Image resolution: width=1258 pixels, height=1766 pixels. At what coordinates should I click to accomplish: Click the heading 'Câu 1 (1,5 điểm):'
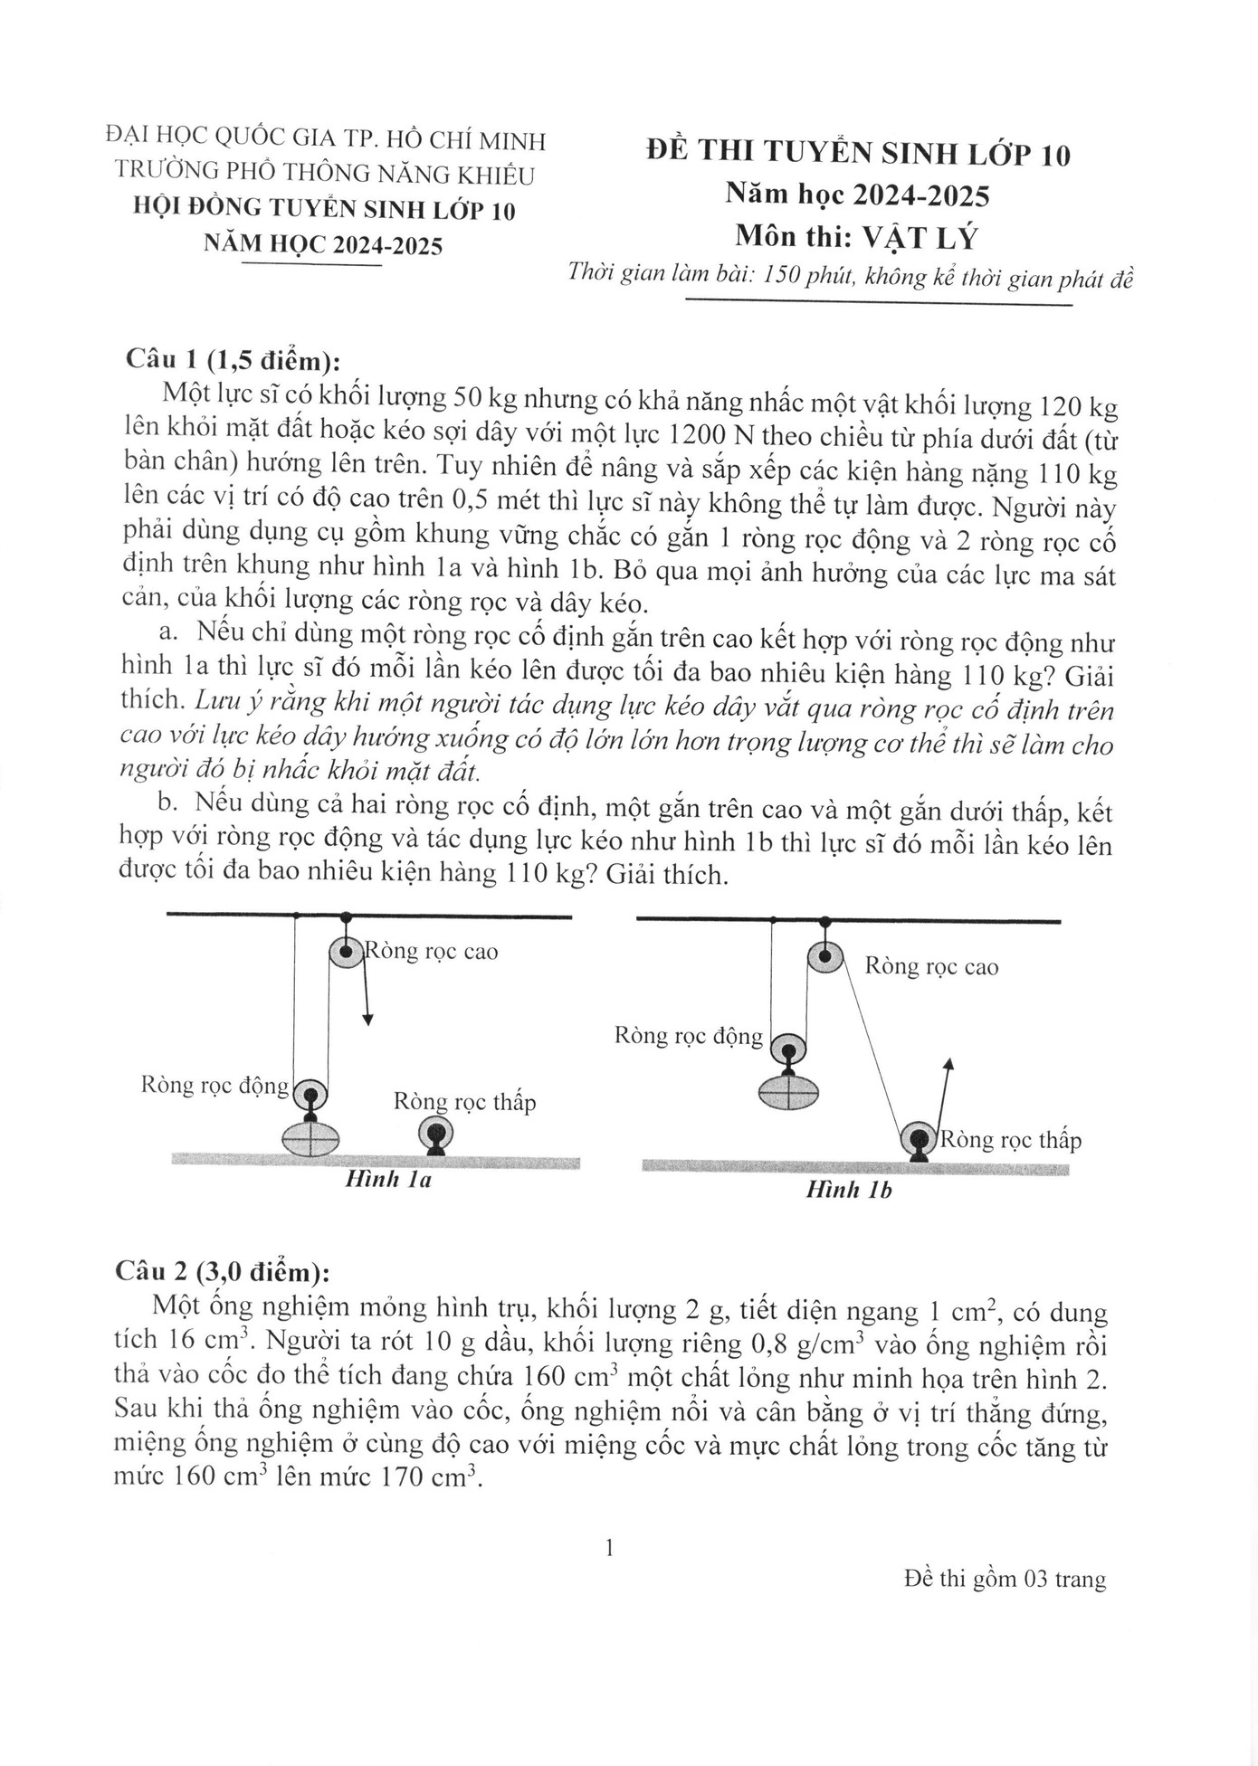[x=233, y=360]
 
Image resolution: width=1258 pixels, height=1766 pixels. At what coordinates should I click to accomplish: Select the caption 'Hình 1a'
[x=388, y=1179]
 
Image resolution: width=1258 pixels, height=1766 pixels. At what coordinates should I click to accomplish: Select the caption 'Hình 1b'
[x=849, y=1190]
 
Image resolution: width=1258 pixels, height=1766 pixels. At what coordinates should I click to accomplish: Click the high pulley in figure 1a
[x=346, y=952]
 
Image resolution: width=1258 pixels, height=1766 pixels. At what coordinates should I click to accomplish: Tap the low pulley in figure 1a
[x=435, y=1133]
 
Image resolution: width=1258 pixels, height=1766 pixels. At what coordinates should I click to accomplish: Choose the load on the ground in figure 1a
[x=310, y=1138]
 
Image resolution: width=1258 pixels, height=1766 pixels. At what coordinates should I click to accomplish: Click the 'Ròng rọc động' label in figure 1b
[x=689, y=1035]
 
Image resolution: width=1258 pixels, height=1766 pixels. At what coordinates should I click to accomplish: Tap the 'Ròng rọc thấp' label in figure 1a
[x=464, y=1102]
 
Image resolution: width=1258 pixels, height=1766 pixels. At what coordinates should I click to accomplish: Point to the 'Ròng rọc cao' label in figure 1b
[x=931, y=966]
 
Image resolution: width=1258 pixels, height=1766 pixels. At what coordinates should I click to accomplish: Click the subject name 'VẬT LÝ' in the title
[x=920, y=237]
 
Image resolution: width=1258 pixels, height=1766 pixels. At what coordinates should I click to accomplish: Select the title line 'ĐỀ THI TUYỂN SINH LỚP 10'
[x=858, y=153]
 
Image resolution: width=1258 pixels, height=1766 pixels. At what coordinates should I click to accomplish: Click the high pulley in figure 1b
[x=824, y=957]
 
